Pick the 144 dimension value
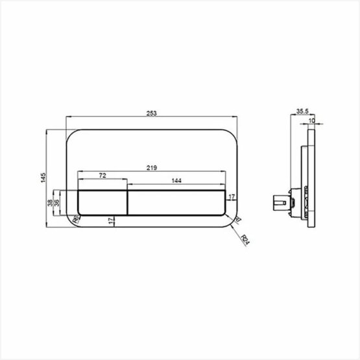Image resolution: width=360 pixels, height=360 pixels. pos(177,182)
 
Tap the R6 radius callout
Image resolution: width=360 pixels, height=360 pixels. pos(76,221)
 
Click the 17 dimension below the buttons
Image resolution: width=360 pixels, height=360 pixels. pos(112,221)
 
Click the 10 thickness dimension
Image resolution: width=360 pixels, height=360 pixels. pos(312,121)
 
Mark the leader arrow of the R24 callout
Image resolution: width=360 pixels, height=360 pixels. pos(236,224)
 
